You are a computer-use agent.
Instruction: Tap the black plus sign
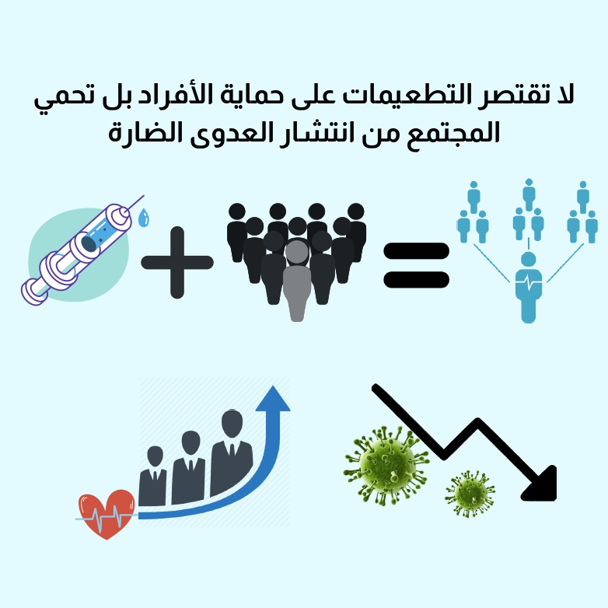point(177,262)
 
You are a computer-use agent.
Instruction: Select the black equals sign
point(417,264)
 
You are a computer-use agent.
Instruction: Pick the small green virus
point(470,493)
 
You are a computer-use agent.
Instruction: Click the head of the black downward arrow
point(541,484)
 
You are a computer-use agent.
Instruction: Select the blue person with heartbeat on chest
point(529,285)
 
